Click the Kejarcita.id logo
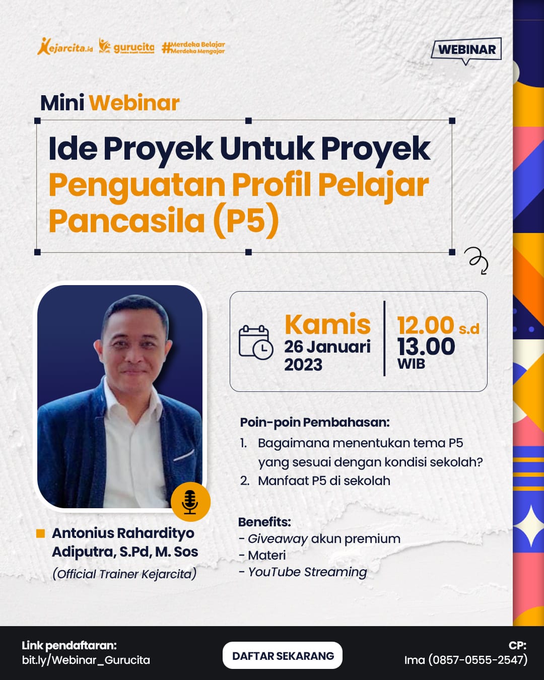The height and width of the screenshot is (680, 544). [x=65, y=47]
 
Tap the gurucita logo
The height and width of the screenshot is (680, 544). [x=126, y=46]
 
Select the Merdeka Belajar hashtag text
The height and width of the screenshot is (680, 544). [x=193, y=48]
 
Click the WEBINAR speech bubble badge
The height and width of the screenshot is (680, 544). [x=466, y=50]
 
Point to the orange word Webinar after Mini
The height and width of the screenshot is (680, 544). [x=134, y=103]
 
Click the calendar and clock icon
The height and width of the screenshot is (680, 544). [x=256, y=343]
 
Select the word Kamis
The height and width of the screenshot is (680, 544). [x=327, y=324]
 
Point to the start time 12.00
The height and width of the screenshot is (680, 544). [x=426, y=325]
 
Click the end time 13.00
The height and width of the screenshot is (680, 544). [x=426, y=347]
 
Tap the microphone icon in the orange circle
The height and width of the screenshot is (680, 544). [x=190, y=502]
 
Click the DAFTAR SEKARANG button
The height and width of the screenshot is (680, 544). [x=283, y=656]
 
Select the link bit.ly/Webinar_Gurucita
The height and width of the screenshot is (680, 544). [x=86, y=660]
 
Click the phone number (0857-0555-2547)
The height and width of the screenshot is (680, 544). [x=478, y=660]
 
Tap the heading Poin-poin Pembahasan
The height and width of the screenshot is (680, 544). [x=315, y=423]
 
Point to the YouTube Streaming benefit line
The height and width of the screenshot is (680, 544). [x=303, y=572]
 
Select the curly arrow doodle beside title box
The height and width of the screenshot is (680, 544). [x=477, y=260]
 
